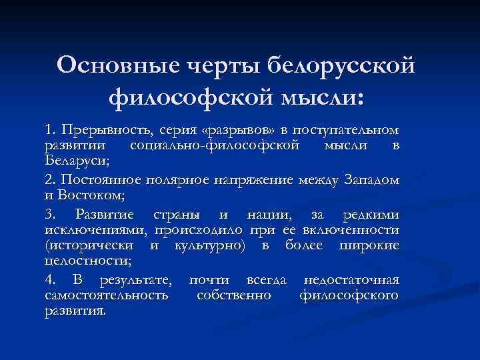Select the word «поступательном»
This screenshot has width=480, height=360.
tap(344, 129)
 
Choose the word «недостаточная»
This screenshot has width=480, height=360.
tap(351, 279)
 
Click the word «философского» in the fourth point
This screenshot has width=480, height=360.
tap(349, 295)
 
